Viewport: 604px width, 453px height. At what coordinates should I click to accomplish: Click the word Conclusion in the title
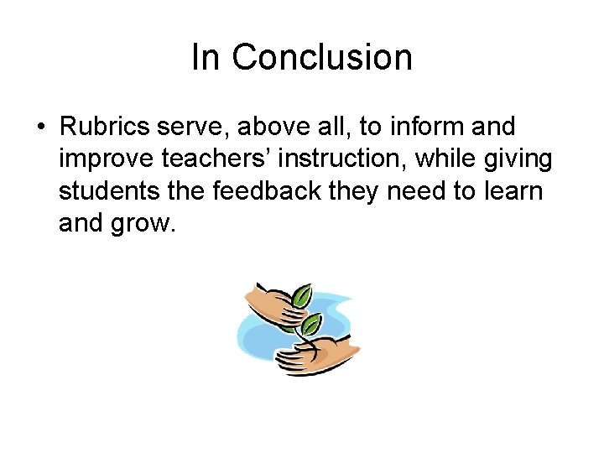click(322, 58)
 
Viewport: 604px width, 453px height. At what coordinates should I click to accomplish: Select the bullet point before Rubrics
click(40, 128)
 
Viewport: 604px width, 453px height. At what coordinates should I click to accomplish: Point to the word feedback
click(267, 191)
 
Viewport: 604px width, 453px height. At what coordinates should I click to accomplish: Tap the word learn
click(513, 191)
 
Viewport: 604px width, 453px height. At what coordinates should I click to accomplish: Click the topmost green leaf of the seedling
click(301, 297)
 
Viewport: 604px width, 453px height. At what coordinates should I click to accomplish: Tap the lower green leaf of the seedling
click(311, 324)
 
